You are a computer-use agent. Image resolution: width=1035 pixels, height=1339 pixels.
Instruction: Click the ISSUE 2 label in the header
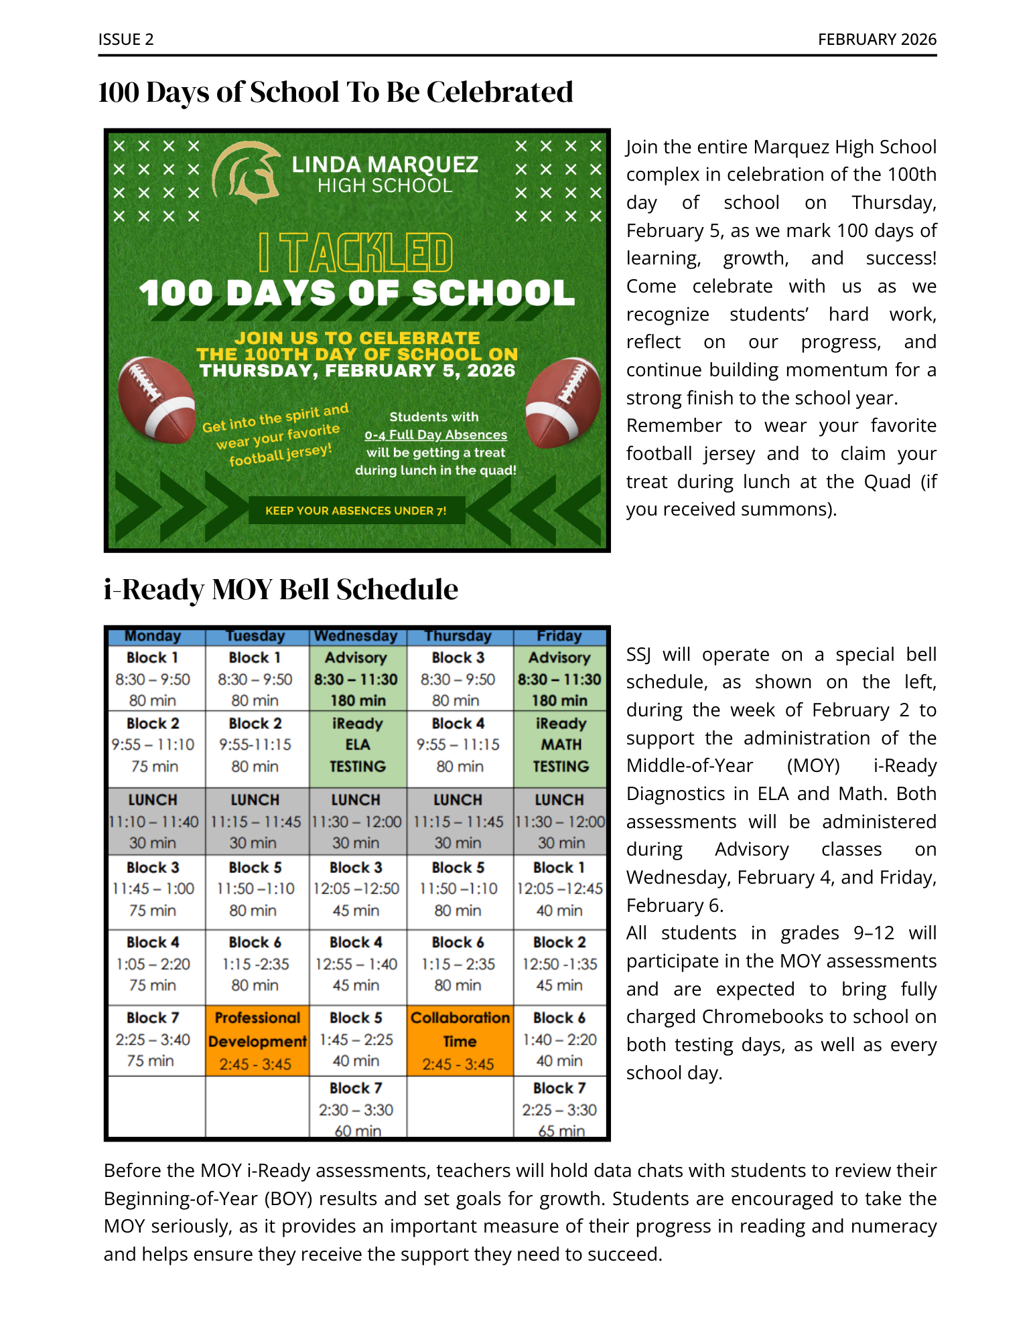(126, 40)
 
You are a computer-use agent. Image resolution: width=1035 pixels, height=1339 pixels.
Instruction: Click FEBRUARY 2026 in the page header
(877, 40)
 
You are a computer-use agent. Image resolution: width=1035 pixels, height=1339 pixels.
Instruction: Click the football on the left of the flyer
(156, 400)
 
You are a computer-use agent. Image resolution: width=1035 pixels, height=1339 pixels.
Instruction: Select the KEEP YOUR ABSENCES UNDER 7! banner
(356, 511)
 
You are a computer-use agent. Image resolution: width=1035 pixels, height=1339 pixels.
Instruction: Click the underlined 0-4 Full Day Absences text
(435, 435)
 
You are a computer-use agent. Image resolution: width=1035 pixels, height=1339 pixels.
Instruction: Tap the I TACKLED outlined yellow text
(356, 252)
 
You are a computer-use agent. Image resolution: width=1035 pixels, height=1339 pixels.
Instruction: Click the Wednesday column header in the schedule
(356, 636)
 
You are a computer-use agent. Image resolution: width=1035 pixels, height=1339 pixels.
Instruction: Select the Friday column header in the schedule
(559, 636)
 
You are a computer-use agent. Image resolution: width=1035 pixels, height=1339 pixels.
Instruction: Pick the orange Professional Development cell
(257, 1040)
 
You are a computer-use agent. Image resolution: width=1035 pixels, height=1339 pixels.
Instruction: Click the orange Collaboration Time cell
(460, 1040)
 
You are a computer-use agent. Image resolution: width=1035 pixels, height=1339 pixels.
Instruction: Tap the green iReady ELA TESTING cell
(358, 745)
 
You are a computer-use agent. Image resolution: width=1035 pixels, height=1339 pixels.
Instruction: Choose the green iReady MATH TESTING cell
(561, 745)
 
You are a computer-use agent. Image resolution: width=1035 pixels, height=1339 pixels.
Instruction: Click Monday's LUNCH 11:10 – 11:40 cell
(153, 821)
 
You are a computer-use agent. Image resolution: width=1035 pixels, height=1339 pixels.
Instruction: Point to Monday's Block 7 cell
(153, 1039)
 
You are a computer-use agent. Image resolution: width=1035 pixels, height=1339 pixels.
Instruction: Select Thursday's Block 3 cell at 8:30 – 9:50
(458, 679)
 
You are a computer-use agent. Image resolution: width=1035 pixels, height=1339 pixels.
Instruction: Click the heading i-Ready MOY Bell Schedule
(281, 590)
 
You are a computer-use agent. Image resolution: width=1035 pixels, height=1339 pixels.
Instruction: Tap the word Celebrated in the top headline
(500, 92)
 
